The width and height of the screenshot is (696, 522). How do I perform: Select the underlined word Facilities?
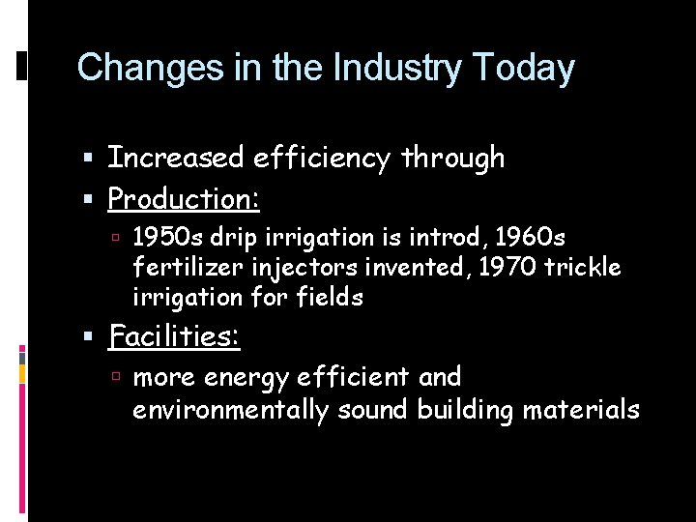[x=175, y=336]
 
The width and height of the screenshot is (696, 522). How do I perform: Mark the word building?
[x=465, y=410]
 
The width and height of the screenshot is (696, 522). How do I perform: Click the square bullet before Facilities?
[x=89, y=337]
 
